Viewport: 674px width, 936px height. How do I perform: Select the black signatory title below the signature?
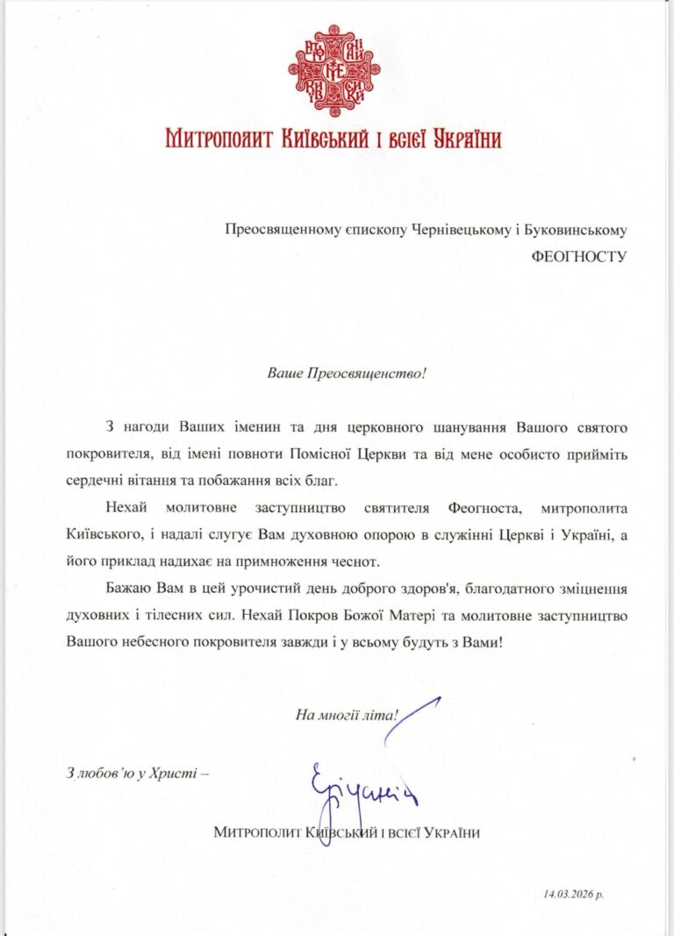(348, 832)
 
